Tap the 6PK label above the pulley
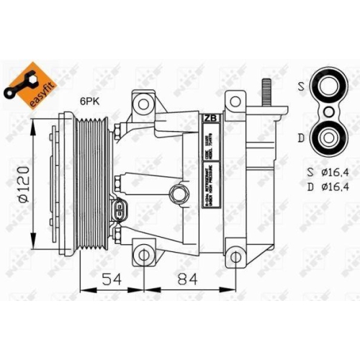click(90, 102)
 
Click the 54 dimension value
click(109, 280)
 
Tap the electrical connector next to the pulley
click(117, 212)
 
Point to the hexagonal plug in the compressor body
click(176, 192)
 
